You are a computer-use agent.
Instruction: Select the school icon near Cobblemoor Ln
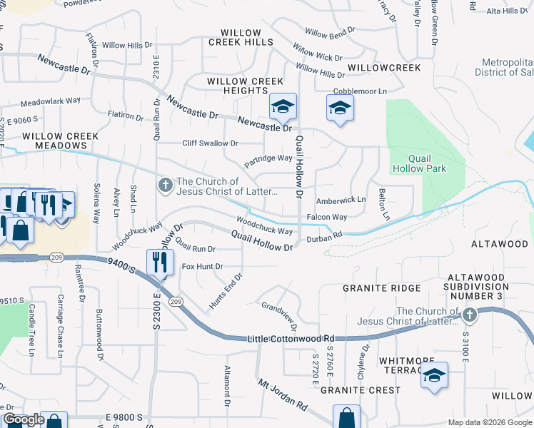pos(340,109)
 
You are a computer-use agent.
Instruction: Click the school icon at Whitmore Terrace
pos(433,376)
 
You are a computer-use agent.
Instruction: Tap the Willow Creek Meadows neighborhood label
pos(54,141)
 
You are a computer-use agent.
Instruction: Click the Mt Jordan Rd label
pos(283,394)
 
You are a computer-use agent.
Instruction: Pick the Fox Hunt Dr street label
pos(203,266)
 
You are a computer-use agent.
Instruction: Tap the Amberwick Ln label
pos(341,200)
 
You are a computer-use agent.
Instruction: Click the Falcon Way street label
pos(326,217)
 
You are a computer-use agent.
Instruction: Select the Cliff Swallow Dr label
pos(209,143)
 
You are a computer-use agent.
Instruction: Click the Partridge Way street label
pos(268,158)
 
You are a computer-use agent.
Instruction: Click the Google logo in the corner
pos(23,419)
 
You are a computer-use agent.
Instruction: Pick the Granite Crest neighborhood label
pos(360,390)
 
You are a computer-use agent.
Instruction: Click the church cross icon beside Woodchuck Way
pos(166,186)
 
